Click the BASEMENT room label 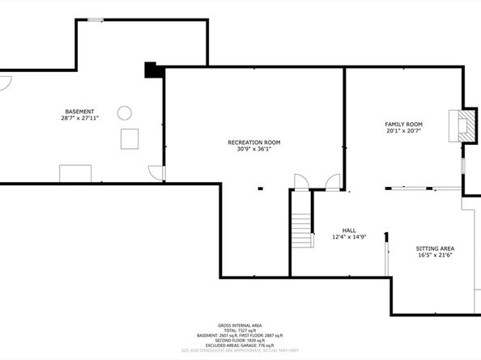tap(80, 112)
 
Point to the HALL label tap(349, 230)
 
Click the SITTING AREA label tap(435, 248)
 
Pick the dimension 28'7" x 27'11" tap(80, 118)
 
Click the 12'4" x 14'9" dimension tap(349, 236)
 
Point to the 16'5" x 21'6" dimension tap(435, 255)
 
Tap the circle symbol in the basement tap(125, 112)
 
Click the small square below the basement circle tap(130, 138)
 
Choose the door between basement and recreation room tap(157, 173)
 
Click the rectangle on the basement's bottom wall tap(75, 173)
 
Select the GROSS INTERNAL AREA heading tap(240, 324)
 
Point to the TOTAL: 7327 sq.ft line tap(240, 329)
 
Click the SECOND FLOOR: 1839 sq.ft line tap(240, 340)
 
